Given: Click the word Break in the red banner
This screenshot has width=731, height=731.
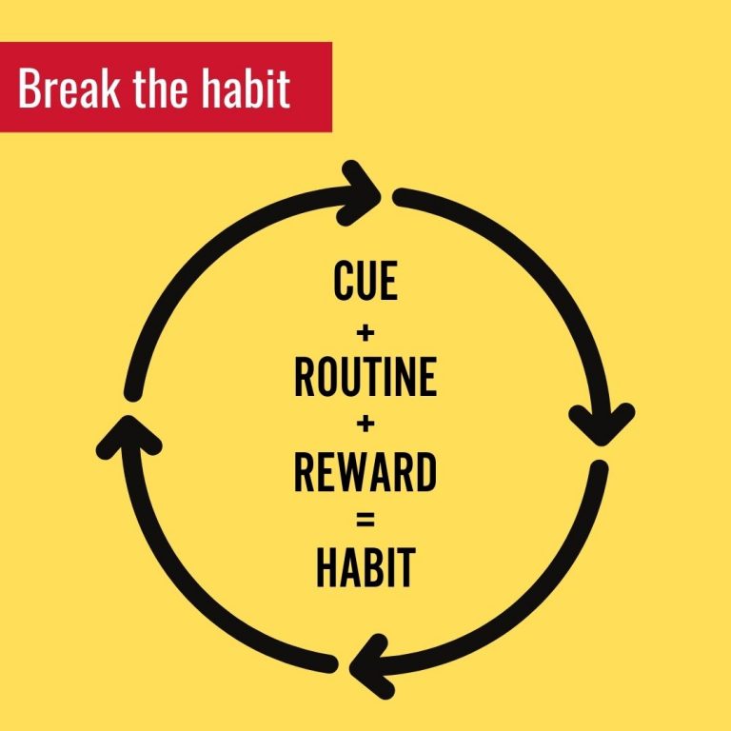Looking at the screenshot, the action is [69, 89].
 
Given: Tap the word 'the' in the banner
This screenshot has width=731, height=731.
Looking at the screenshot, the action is [160, 89].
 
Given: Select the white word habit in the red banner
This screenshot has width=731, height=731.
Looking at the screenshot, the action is [246, 89].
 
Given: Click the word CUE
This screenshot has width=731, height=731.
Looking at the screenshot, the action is [365, 280].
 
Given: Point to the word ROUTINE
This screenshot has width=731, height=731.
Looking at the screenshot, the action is [365, 377].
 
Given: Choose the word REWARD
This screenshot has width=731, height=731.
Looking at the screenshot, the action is [365, 472].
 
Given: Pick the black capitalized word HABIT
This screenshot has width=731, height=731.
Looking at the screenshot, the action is [365, 568].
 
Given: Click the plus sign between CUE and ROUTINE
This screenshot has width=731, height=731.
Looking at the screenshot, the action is [365, 333].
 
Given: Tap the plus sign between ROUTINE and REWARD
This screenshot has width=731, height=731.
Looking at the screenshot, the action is [365, 425].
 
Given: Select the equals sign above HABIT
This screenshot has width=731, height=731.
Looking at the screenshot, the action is [365, 520].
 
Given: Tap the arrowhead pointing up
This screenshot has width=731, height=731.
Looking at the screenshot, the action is [129, 436].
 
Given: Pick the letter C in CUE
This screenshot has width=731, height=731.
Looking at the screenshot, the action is [344, 280].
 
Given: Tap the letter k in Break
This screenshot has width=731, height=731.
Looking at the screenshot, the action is [110, 89].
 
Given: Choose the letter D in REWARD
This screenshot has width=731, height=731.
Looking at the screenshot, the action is [426, 472].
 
